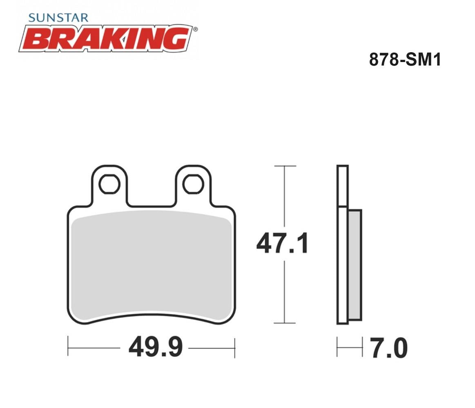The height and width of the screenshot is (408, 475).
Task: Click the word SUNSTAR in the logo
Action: coord(58,18)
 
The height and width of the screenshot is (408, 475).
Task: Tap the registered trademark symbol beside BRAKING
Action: coord(195,29)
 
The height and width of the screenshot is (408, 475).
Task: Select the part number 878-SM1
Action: coord(405,59)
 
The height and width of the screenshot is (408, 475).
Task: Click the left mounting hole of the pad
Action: coord(109,184)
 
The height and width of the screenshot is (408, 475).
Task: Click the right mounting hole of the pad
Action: coord(193,184)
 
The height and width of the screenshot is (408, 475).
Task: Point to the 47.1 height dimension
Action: coord(282,243)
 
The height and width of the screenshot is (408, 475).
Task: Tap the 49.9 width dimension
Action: coord(156,347)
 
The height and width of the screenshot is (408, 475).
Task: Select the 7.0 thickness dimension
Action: coord(389,348)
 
